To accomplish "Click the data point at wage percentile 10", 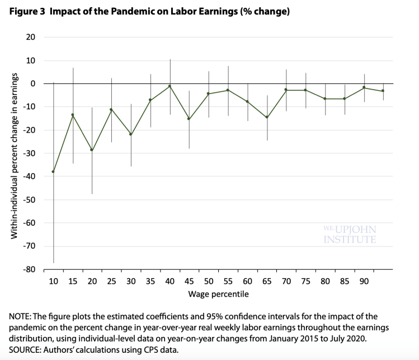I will [53, 171].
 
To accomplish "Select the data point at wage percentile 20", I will [92, 150].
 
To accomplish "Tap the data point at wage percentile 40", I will [170, 86].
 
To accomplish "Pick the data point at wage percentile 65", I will [267, 117].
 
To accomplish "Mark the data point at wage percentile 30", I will [131, 134].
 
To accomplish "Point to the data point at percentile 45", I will [189, 119].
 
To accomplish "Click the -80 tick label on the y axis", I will [29, 269].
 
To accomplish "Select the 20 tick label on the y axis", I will [31, 37].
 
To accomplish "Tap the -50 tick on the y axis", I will [29, 199].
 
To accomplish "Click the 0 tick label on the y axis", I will [34, 83].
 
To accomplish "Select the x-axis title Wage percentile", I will [218, 293].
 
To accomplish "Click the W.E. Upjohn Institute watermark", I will [350, 234].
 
